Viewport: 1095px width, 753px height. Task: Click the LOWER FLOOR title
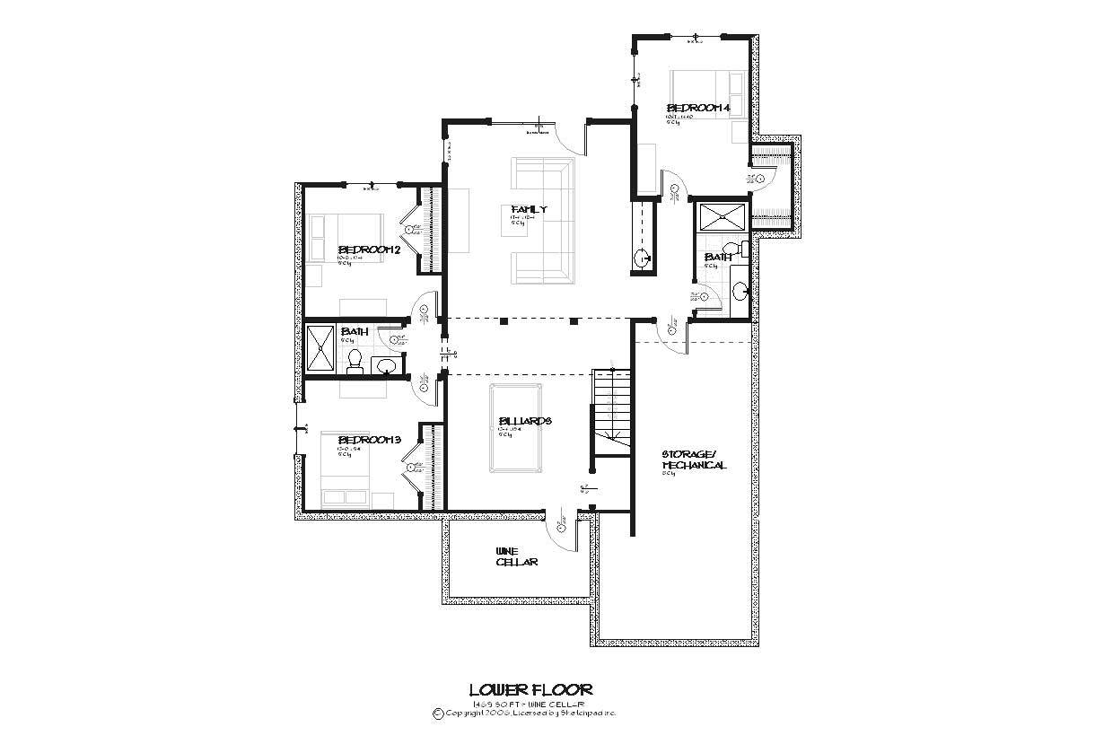(530, 689)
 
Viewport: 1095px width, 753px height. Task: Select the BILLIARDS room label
(524, 421)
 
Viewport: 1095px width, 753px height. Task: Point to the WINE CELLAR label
(517, 556)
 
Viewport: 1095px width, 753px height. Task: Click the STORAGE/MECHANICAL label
(694, 460)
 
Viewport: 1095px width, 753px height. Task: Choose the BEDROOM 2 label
(368, 250)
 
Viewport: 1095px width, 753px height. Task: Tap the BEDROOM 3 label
(368, 440)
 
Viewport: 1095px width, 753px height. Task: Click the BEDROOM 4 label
(697, 109)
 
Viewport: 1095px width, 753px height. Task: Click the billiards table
(515, 427)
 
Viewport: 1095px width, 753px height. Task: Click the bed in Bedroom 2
(345, 237)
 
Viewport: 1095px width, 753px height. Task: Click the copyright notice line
(524, 714)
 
